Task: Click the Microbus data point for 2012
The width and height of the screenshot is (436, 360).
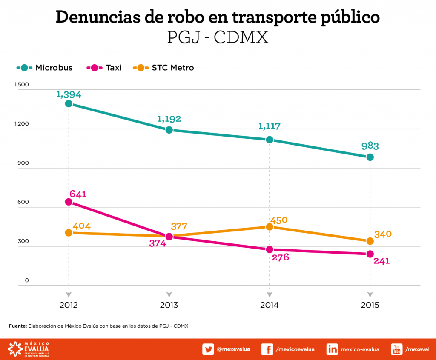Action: tap(68, 103)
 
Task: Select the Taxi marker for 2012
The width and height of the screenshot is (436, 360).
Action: tap(68, 202)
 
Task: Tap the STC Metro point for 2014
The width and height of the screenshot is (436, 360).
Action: tap(270, 227)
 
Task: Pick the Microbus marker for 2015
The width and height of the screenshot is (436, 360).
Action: tap(370, 157)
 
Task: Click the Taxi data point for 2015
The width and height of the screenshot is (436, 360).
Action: tap(370, 254)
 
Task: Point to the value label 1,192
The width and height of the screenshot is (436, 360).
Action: tap(169, 118)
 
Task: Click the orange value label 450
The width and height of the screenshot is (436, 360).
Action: tap(279, 220)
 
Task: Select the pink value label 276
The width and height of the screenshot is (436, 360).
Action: tap(280, 257)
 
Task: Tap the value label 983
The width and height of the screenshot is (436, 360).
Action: tap(370, 146)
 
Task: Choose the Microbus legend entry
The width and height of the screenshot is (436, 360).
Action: tap(44, 68)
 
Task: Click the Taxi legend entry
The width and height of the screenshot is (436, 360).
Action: tap(104, 68)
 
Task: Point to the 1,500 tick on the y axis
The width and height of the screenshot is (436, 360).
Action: tap(21, 85)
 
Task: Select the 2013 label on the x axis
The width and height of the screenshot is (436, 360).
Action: tap(169, 305)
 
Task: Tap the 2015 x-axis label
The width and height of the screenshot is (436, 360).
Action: tap(370, 305)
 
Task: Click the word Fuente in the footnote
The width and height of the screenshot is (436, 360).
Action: tap(17, 326)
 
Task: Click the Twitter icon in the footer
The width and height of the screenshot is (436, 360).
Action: tap(208, 349)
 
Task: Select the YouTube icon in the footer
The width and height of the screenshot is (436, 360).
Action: tap(397, 349)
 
